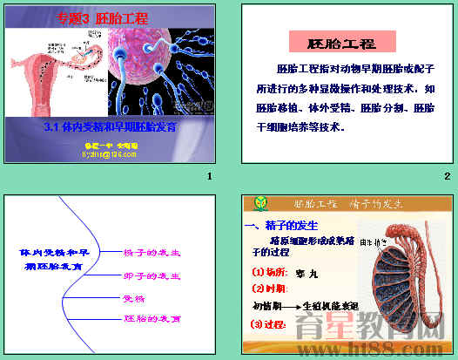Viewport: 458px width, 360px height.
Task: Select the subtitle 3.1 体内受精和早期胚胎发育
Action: pyautogui.click(x=110, y=126)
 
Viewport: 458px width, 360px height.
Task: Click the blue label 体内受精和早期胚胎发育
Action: pyautogui.click(x=51, y=258)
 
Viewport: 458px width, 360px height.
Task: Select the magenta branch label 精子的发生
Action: pyautogui.click(x=152, y=253)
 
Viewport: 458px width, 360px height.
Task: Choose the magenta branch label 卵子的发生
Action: pyautogui.click(x=152, y=275)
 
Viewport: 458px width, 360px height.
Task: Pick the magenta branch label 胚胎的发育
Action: pyautogui.click(x=152, y=320)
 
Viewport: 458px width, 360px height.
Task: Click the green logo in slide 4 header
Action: pyautogui.click(x=259, y=204)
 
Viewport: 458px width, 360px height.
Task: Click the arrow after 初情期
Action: pyautogui.click(x=290, y=306)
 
